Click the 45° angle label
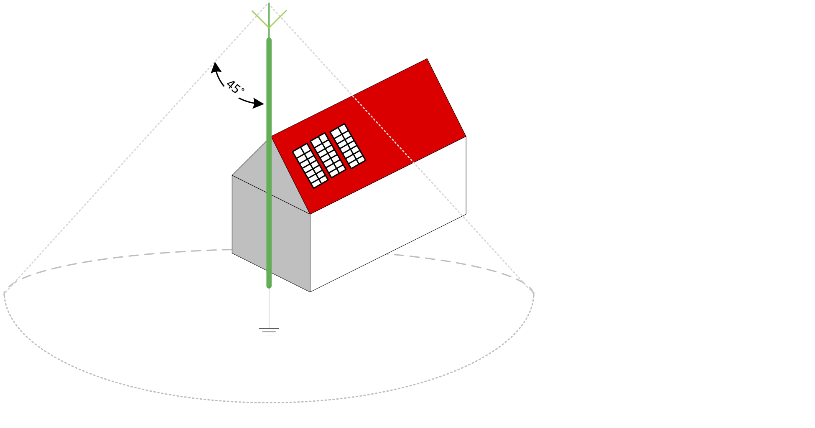click(235, 87)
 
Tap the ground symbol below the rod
click(269, 332)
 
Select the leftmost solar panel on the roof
click(310, 166)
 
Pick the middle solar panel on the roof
click(329, 155)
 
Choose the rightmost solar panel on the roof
click(348, 146)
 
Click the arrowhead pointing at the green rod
click(259, 104)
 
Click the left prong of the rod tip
click(260, 18)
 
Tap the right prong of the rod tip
click(278, 18)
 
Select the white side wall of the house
click(389, 217)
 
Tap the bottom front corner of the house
click(310, 291)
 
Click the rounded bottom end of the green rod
click(269, 286)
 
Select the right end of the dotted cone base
click(533, 294)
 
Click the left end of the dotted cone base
click(5, 294)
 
